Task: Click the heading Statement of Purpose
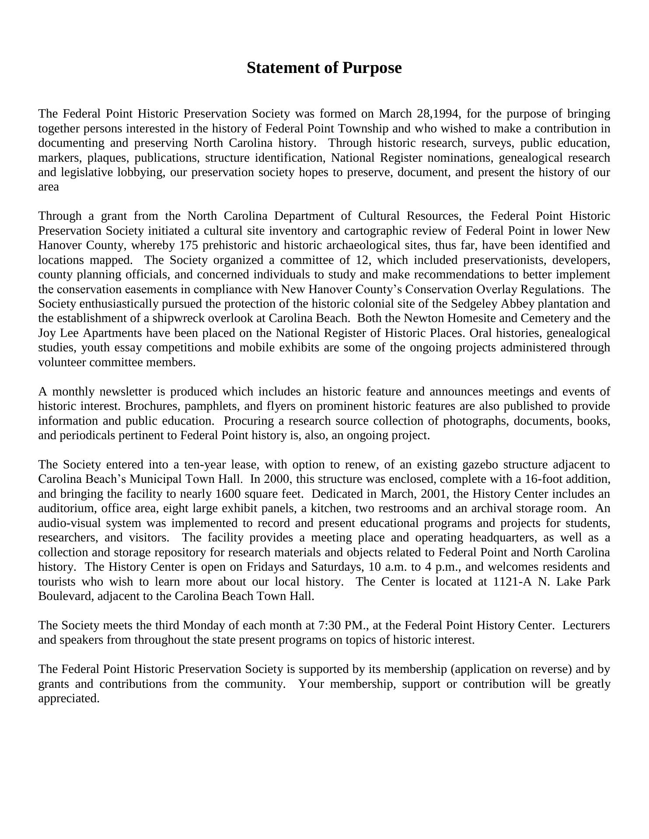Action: (324, 68)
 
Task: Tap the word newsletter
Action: (132, 392)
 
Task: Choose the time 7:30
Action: (330, 626)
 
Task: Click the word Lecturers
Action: (586, 626)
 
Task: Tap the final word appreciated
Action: (69, 699)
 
